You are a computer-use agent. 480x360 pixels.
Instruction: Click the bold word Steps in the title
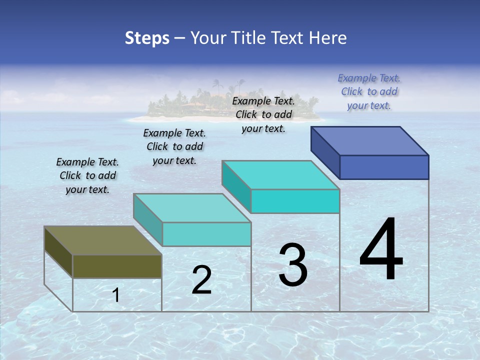(147, 38)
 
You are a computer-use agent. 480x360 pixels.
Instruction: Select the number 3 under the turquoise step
(293, 265)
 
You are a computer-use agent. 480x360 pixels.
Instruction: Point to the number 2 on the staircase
(202, 280)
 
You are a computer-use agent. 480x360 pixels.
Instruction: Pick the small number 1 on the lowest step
(116, 295)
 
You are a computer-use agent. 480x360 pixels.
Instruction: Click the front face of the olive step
(117, 266)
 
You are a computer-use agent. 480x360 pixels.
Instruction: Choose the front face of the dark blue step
(384, 167)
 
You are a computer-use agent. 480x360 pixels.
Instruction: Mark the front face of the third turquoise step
(295, 201)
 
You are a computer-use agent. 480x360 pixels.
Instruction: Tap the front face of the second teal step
(206, 234)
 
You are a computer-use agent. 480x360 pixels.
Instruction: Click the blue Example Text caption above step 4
(369, 92)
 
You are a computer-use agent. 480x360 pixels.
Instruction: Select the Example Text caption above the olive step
(87, 175)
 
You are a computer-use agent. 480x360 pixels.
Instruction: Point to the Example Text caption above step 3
(263, 114)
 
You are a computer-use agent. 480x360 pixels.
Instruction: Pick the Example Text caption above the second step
(174, 146)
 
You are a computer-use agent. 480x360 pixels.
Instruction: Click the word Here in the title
(328, 38)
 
